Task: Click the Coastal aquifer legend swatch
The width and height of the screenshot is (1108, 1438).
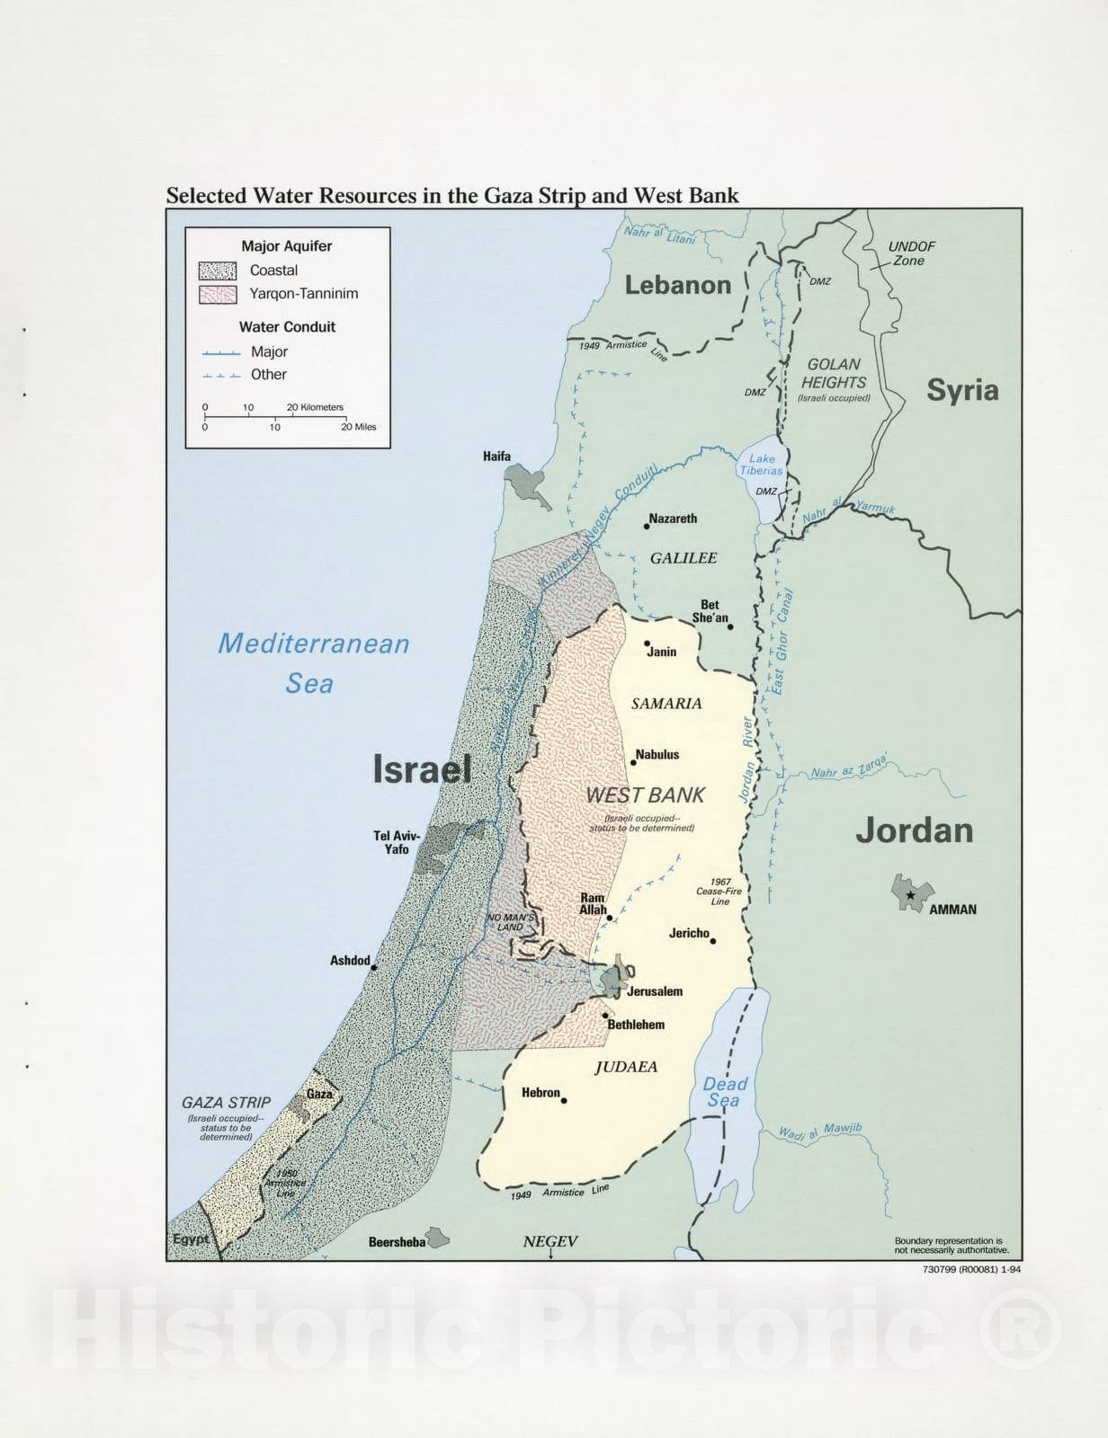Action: (x=217, y=271)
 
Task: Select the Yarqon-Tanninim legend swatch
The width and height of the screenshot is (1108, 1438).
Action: (x=217, y=294)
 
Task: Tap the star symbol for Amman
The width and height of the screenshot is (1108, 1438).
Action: (x=910, y=895)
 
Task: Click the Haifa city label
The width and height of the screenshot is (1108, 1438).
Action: (x=496, y=457)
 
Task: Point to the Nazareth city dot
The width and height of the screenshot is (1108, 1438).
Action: (x=647, y=526)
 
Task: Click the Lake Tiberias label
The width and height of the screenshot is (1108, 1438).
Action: (x=761, y=465)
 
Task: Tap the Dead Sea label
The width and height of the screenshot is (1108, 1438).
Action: (x=724, y=1092)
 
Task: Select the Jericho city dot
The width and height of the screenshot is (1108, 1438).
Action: (x=713, y=941)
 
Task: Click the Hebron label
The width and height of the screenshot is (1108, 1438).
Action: (x=541, y=1093)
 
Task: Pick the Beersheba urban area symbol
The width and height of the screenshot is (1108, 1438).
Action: (x=438, y=1238)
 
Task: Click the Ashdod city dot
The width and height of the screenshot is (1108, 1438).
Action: (x=373, y=967)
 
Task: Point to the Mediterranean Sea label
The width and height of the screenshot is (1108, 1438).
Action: (x=313, y=663)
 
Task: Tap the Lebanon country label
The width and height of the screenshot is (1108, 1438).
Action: (x=678, y=285)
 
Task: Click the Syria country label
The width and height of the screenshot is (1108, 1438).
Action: (x=962, y=390)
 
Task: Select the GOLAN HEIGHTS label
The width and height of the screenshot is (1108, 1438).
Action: (x=833, y=373)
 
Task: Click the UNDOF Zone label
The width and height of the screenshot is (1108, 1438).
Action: (x=910, y=253)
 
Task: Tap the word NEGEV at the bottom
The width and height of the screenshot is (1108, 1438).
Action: (x=550, y=1241)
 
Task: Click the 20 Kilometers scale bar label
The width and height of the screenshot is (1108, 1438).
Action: (x=315, y=407)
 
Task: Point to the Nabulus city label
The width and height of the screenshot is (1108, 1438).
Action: (x=657, y=754)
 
